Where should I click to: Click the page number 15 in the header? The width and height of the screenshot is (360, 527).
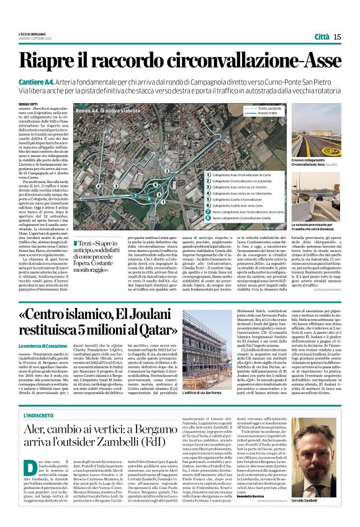click(337, 37)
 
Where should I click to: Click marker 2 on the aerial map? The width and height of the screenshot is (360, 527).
click(167, 170)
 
